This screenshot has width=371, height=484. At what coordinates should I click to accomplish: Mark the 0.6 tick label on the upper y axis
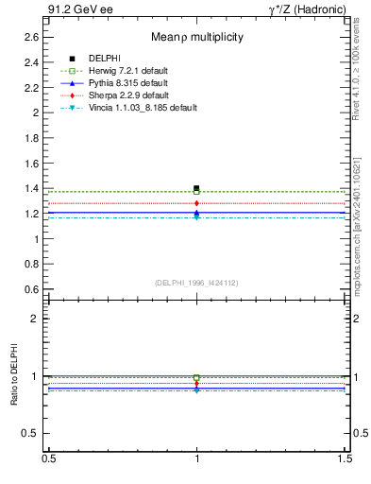[x=31, y=289]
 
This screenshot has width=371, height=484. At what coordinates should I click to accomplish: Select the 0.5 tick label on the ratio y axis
[x=31, y=434]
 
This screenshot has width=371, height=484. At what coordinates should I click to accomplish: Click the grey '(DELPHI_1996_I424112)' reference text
[x=196, y=282]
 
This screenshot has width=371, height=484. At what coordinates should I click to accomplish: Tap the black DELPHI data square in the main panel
[x=196, y=188]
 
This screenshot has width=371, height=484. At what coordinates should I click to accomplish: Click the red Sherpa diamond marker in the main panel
[x=196, y=203]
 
